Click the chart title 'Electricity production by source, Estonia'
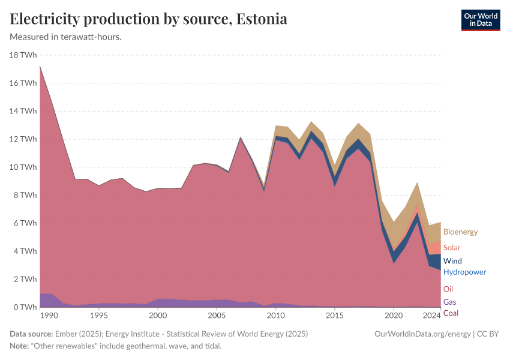coord(149,19)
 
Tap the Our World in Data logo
coord(480,20)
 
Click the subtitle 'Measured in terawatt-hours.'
coord(66,37)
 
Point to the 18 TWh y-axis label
coord(23,55)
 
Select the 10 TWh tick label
coord(23,167)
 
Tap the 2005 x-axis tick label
coord(217,316)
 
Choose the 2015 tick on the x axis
coord(334,316)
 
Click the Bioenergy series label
coord(460,232)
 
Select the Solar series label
coord(452,248)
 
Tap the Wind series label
coord(452,261)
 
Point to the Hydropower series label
coord(464,272)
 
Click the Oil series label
coord(448,289)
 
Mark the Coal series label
coord(451,313)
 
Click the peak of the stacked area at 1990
coord(40,66)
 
